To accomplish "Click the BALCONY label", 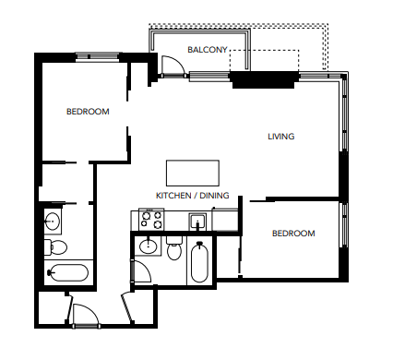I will [x=208, y=49].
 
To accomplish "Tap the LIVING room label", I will [x=280, y=137].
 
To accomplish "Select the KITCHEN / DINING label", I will [x=192, y=197].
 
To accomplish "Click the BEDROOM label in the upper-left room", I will [x=88, y=112].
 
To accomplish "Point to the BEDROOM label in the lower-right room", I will [x=292, y=234].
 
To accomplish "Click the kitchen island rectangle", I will [x=193, y=173].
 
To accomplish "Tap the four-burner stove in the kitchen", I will [x=150, y=220].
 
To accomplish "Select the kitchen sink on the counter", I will [x=196, y=221].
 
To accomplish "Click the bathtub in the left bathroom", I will [x=67, y=273].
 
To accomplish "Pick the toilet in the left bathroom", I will [x=55, y=246].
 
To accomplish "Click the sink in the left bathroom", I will [x=53, y=221].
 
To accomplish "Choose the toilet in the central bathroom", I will [x=173, y=249].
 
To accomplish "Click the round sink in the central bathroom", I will [x=148, y=246].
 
